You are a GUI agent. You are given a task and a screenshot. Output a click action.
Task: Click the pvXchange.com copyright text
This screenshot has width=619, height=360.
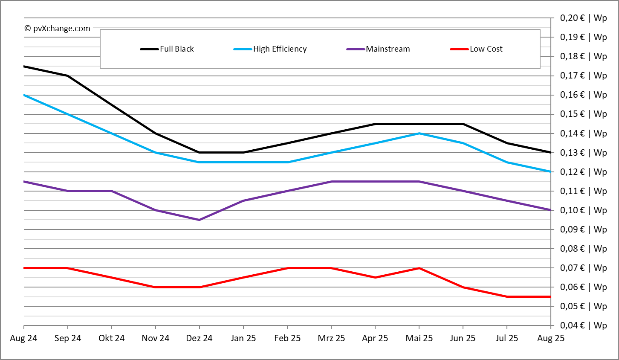[58, 29]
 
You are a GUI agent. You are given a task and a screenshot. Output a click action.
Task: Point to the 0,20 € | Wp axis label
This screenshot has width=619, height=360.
[583, 18]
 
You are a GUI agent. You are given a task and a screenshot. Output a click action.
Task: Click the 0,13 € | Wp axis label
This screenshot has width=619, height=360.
[583, 153]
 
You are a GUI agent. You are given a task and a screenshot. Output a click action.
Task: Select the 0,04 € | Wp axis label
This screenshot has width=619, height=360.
[583, 325]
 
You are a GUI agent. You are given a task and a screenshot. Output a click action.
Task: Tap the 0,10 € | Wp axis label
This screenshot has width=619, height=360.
[583, 210]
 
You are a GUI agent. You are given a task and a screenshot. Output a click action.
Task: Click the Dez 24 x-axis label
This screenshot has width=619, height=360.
[199, 338]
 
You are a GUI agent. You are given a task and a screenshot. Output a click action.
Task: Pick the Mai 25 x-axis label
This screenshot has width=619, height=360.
[419, 338]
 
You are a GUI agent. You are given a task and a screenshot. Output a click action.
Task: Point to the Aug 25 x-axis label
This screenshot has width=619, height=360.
[551, 338]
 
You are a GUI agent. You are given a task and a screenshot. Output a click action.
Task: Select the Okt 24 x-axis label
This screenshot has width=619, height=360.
[112, 338]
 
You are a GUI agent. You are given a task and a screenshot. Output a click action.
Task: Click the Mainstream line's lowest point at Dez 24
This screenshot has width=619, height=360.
[200, 220]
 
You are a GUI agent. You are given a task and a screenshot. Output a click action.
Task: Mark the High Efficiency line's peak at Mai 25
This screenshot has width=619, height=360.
[419, 134]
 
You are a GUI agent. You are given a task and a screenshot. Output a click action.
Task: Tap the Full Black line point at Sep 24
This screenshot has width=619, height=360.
[68, 76]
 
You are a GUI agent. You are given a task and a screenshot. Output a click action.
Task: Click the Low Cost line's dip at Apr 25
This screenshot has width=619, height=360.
[375, 277]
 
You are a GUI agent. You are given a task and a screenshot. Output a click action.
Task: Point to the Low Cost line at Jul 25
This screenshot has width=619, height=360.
[507, 296]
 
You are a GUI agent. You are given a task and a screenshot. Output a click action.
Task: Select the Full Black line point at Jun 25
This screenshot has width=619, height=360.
[463, 124]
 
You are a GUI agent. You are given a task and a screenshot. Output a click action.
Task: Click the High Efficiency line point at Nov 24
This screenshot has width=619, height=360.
[156, 153]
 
